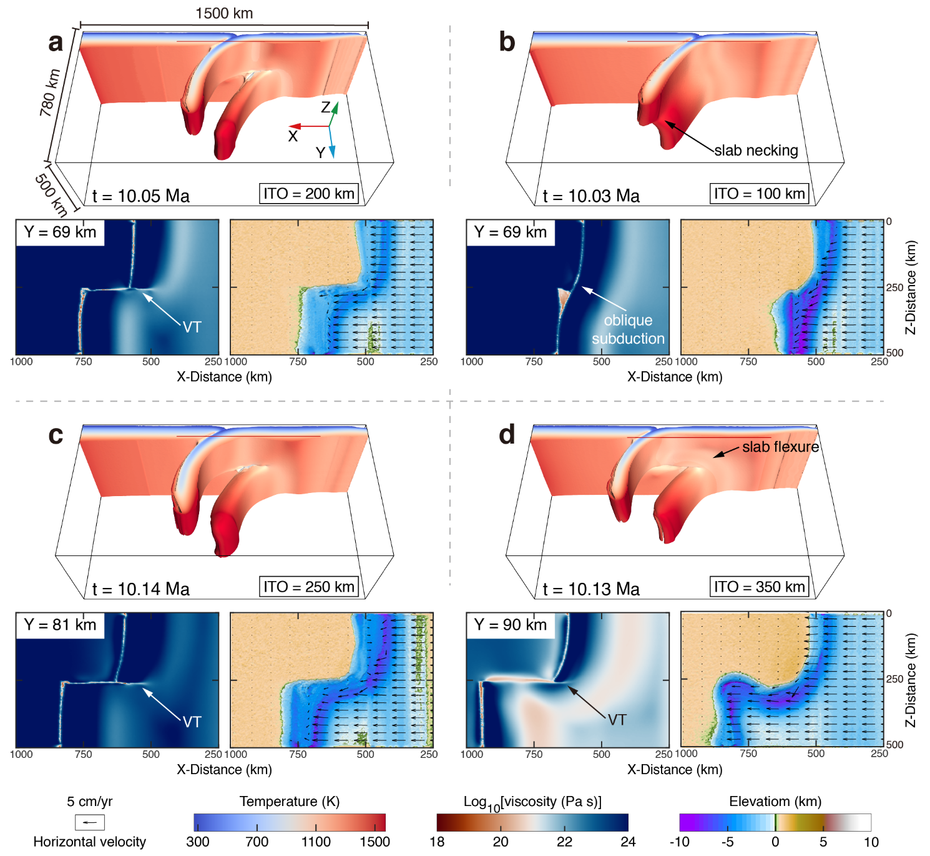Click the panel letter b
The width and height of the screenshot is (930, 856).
(x=507, y=42)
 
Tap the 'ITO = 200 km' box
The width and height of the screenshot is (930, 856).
(x=309, y=194)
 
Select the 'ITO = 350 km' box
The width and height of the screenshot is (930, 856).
(x=759, y=587)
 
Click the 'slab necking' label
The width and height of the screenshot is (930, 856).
(x=756, y=151)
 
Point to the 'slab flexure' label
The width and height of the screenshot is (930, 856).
(x=780, y=447)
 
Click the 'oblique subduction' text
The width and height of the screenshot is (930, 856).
(x=628, y=329)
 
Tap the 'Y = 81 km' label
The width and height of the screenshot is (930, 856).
(x=60, y=625)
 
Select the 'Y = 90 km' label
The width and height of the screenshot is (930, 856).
(x=511, y=625)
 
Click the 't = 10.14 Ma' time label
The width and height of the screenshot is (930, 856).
(x=141, y=589)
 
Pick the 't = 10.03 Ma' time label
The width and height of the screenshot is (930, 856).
(x=591, y=196)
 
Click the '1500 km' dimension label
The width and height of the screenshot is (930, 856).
(x=224, y=13)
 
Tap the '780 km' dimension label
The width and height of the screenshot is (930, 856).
(x=50, y=92)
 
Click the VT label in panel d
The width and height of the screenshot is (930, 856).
(x=617, y=720)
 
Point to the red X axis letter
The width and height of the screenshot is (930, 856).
(x=293, y=136)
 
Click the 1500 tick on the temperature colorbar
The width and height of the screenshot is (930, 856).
(x=374, y=842)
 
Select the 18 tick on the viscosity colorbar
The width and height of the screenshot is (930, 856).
(x=437, y=842)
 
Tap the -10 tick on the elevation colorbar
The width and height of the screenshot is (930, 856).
(x=679, y=842)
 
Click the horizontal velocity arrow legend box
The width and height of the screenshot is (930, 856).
(x=89, y=822)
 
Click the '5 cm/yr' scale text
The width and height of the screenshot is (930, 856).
(x=90, y=802)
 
